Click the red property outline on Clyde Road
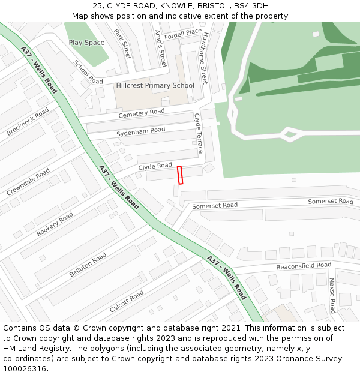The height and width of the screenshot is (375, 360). click(x=179, y=175)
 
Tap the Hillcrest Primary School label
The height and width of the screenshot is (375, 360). click(x=155, y=86)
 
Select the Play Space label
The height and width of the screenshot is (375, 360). click(x=86, y=43)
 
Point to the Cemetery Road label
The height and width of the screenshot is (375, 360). click(x=141, y=113)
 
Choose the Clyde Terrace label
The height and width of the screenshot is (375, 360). click(x=199, y=133)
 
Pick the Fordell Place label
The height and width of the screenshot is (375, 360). click(x=183, y=32)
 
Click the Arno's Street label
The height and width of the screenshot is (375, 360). click(x=160, y=48)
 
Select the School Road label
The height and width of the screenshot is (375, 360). click(x=88, y=72)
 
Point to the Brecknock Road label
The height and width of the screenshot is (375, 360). click(x=28, y=122)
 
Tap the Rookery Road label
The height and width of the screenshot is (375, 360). click(x=55, y=224)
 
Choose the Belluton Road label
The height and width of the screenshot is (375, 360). click(x=88, y=265)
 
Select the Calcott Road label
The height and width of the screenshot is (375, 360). click(x=127, y=301)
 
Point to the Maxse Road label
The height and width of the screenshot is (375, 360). click(x=332, y=295)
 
